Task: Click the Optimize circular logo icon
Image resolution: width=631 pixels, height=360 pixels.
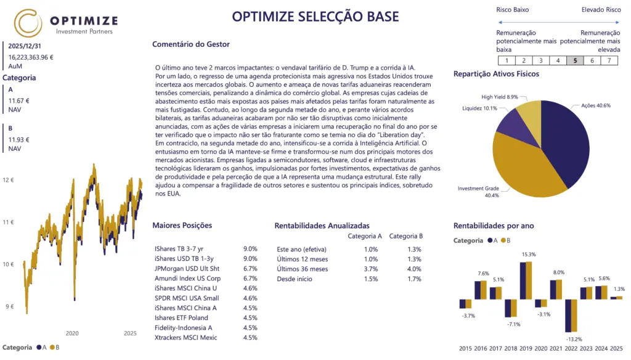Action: point(28,23)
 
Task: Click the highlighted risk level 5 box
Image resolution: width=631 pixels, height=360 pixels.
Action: point(575,60)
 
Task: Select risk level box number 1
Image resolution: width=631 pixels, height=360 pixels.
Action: point(506,60)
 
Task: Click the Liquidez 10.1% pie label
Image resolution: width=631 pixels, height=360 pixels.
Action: point(479,108)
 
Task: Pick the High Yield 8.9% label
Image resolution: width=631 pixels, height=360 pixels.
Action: point(500,97)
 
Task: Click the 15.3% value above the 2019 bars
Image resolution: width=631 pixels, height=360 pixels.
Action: point(528,255)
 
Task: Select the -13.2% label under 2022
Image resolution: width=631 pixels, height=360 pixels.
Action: point(574,339)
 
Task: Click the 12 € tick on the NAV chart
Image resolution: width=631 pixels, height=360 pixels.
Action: point(8,181)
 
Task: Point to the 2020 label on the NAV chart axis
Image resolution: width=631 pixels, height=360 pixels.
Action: point(72,333)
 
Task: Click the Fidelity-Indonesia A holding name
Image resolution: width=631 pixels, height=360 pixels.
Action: point(184,327)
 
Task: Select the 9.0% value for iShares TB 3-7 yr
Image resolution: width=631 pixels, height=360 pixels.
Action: point(250,249)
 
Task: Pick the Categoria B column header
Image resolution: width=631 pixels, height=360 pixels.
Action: point(406,235)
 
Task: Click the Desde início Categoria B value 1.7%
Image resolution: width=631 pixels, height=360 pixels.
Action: point(414,279)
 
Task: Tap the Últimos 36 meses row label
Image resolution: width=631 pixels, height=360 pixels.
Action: point(303,269)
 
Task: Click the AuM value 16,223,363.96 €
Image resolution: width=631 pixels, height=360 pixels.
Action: point(31,57)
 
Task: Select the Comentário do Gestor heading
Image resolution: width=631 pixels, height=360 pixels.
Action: point(190,44)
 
